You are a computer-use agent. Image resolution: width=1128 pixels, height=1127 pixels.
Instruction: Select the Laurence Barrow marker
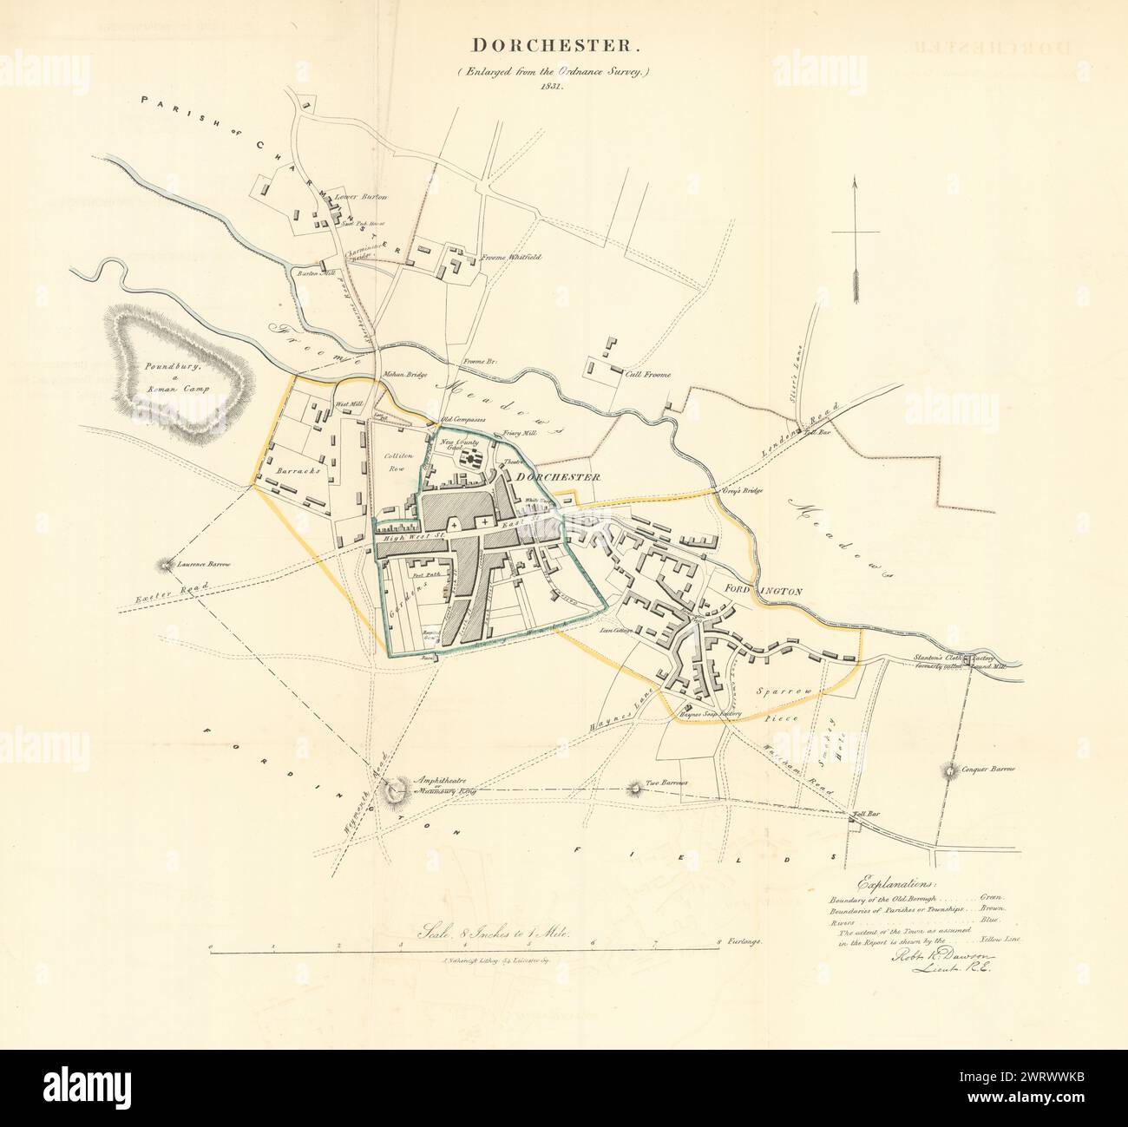click(x=163, y=566)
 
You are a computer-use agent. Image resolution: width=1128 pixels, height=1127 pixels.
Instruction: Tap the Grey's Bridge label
click(x=729, y=491)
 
